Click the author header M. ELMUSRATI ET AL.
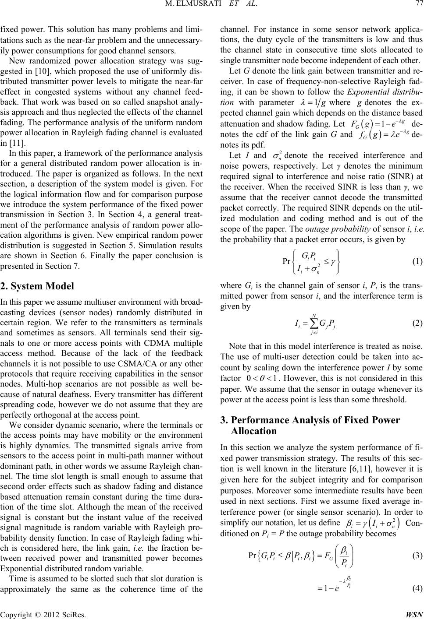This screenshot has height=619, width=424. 212,6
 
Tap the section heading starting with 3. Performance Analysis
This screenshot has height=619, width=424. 310,426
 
